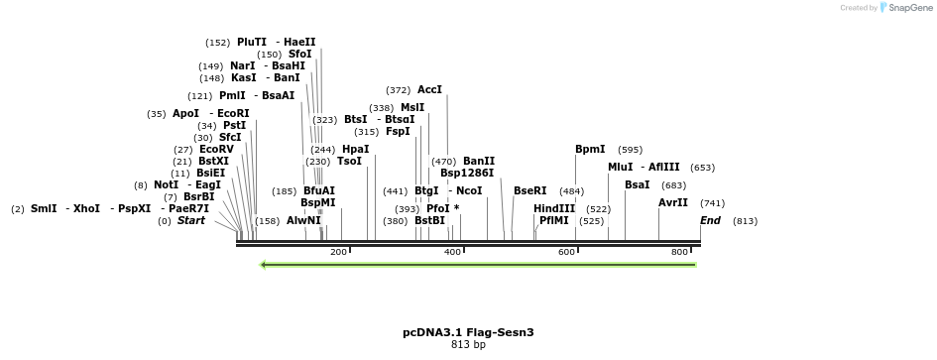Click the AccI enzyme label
(429, 89)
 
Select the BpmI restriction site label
(590, 149)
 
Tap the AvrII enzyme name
(673, 202)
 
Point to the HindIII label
(554, 208)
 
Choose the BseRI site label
(529, 190)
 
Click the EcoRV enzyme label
(216, 149)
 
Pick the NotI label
(166, 184)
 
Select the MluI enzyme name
(620, 167)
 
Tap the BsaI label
(638, 184)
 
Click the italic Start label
(191, 220)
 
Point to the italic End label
(710, 220)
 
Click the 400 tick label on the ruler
(453, 252)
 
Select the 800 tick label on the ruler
(680, 252)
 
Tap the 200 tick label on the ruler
(338, 252)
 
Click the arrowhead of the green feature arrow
(265, 265)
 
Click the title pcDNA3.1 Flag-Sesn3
(468, 332)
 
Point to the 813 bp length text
(468, 345)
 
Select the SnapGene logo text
(907, 7)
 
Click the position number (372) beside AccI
(399, 89)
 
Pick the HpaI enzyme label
(355, 149)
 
